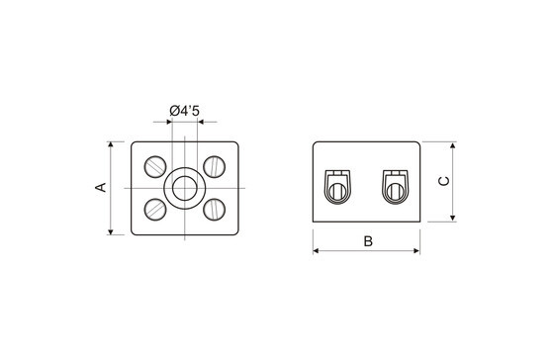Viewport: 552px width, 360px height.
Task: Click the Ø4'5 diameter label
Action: coord(184,111)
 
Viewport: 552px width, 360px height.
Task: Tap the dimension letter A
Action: coord(101,187)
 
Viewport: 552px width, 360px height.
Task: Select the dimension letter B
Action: coord(368,241)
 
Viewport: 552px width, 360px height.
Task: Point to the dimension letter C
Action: coord(444,181)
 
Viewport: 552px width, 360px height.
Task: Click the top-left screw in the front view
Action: coord(155,166)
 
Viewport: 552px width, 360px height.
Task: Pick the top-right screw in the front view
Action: coord(215,166)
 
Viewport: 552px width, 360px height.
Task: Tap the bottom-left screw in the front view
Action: coord(155,210)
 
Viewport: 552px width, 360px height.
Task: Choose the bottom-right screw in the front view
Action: coord(215,210)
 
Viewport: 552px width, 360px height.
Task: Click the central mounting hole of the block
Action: coord(185,188)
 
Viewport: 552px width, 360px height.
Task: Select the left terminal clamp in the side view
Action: coord(337,187)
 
